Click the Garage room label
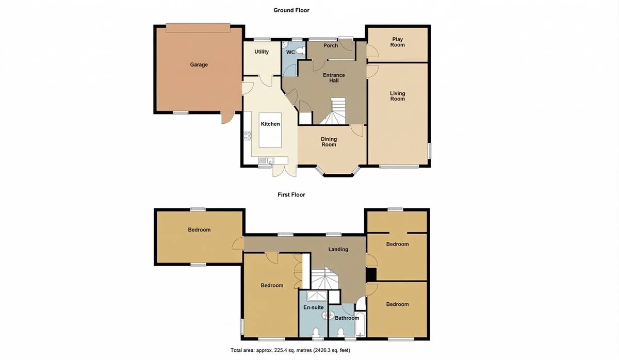pos(199,64)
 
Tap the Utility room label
pos(262,52)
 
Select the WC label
pos(290,52)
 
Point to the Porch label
pos(331,45)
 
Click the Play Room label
pos(397,42)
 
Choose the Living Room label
pos(397,96)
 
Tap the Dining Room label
pos(329,142)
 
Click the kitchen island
pos(270,130)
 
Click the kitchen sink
pos(266,160)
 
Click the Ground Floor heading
pos(291,10)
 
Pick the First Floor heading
pos(291,195)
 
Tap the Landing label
pos(338,249)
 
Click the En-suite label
pos(314,307)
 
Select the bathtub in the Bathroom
pos(361,324)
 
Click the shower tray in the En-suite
pos(317,296)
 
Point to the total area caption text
pos(290,350)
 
